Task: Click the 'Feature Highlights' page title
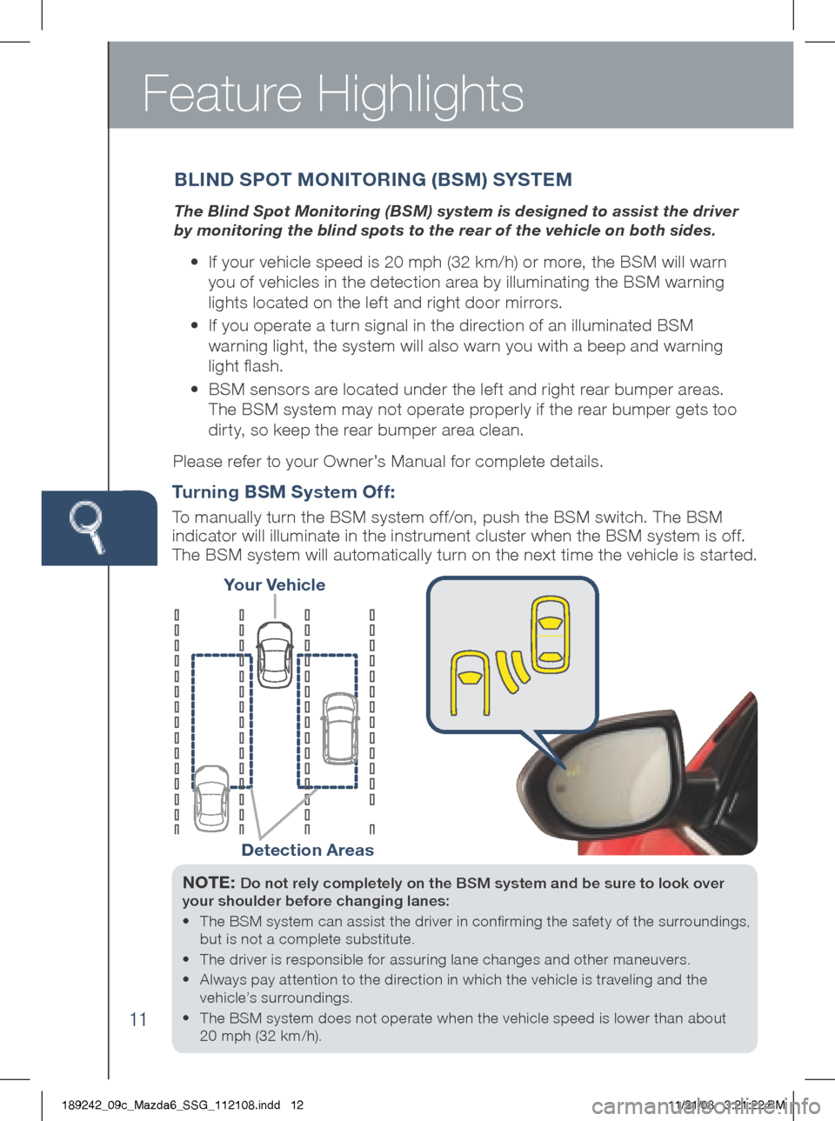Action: [333, 94]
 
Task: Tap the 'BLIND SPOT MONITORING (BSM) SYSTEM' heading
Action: [373, 180]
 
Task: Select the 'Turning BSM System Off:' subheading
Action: [284, 492]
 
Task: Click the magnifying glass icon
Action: [88, 525]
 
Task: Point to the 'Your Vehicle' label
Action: [274, 585]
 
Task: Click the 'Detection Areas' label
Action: [307, 851]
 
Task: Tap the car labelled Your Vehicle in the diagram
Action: [275, 655]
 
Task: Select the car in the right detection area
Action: [340, 728]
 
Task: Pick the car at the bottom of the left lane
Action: [211, 797]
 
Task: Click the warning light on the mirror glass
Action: [575, 768]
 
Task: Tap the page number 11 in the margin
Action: [138, 1019]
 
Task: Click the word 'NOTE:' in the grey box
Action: [209, 883]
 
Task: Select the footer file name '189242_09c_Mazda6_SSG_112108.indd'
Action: [171, 1105]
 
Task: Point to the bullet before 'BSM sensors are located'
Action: [195, 390]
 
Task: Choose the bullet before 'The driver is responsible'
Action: [187, 960]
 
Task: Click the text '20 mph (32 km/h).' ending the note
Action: [260, 1036]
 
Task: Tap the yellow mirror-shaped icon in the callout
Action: [470, 682]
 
